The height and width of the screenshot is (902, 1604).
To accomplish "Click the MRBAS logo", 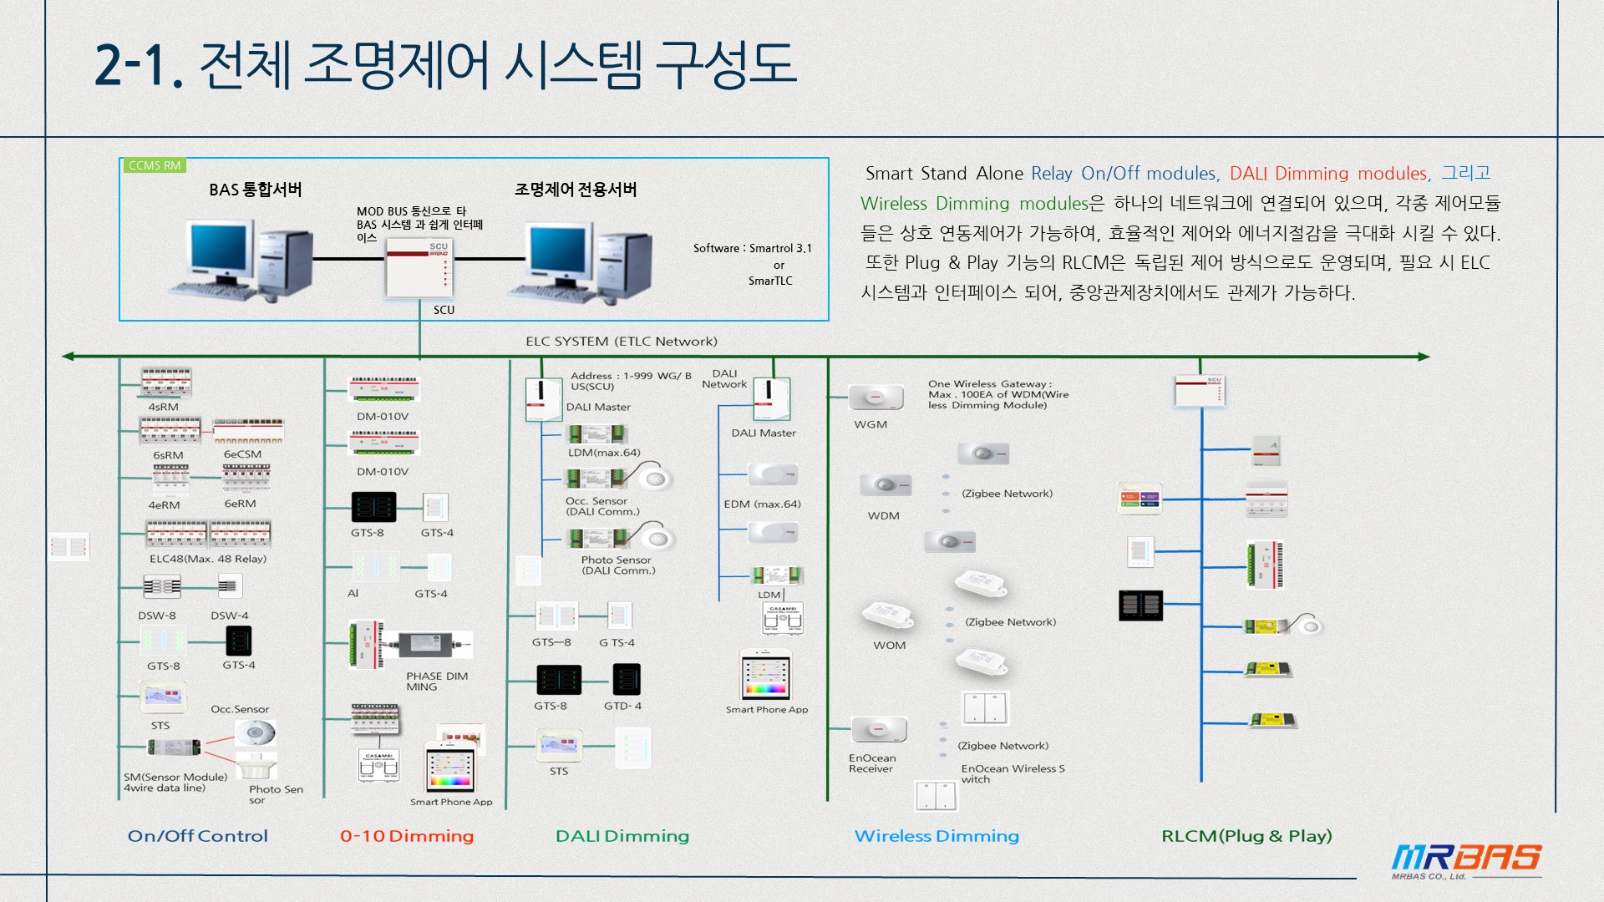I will pos(1466,859).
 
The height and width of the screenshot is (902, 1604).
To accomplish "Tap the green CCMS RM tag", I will pos(155,165).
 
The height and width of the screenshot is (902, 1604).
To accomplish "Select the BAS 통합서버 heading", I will pos(256,190).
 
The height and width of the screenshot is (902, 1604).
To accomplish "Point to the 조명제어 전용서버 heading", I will pos(576,190).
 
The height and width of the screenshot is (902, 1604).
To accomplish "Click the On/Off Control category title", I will pos(198,836).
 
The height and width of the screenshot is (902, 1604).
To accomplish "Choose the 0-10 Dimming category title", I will pos(407,836).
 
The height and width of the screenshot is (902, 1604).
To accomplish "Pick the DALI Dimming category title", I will pos(622,836).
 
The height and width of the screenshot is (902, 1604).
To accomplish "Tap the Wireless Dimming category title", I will pos(937,836).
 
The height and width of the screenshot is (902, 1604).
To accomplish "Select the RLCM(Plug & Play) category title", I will pos(1246,836).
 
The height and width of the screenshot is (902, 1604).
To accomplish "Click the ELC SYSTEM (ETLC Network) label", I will pos(622,342).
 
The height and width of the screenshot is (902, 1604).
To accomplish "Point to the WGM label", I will pos(871,424).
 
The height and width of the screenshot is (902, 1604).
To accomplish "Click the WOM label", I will pos(890,646).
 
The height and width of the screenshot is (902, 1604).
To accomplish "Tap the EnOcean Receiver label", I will pos(872,763).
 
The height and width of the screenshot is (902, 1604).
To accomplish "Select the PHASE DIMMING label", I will pos(437,682).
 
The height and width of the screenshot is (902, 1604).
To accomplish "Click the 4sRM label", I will pos(164,407).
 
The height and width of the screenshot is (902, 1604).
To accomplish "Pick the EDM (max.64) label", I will pos(762,504).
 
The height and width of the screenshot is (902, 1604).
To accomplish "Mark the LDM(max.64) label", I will pos(604,453).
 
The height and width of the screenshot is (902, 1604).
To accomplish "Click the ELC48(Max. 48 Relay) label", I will pos(208,559).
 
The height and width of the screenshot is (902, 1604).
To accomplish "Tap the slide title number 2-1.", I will pos(139,65).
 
